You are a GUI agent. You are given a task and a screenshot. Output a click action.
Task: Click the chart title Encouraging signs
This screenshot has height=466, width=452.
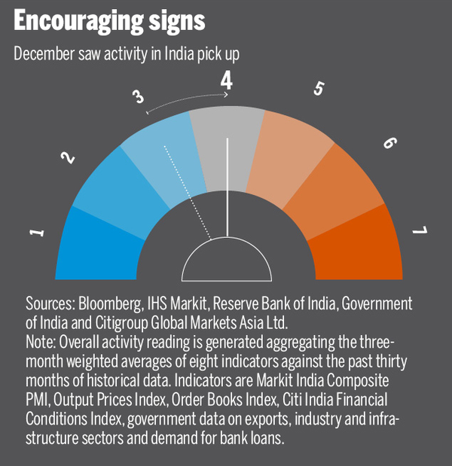click(x=109, y=20)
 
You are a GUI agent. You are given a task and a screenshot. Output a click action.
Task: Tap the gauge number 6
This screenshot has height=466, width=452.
click(x=389, y=142)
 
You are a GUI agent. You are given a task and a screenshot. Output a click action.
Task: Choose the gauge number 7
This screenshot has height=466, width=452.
click(x=418, y=230)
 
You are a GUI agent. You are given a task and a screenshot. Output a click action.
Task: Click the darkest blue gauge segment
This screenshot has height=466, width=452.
click(x=94, y=241)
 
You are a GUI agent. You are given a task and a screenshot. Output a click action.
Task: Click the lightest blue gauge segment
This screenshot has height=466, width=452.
click(x=162, y=162)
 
